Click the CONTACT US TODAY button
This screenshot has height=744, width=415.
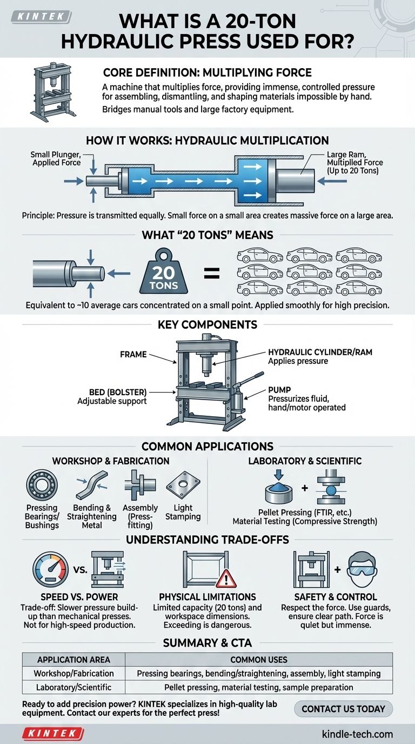[344, 708]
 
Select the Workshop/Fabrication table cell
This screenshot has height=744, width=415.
[73, 673]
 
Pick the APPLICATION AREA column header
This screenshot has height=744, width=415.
[73, 660]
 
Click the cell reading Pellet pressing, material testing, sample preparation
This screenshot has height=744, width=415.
[259, 687]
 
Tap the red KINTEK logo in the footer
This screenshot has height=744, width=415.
[53, 734]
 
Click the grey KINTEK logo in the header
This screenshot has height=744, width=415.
[41, 17]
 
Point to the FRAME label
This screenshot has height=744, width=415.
[133, 354]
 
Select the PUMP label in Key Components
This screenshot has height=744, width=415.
[280, 389]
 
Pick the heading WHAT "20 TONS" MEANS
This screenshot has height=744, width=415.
[207, 235]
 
